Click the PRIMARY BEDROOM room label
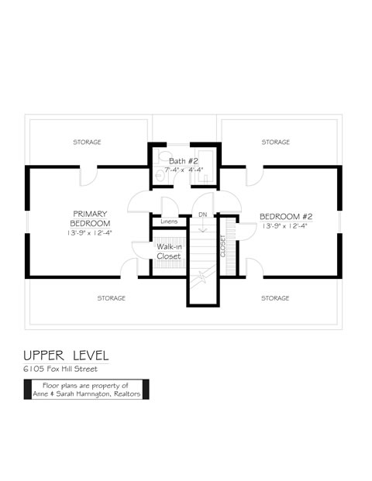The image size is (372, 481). point(90,218)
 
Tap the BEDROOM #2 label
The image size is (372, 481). point(286,217)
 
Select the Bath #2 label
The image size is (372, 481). point(184,161)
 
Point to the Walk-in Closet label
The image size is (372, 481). point(169,251)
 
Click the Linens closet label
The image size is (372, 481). point(169,222)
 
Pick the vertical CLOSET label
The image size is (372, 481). point(223,246)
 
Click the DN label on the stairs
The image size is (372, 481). point(202,215)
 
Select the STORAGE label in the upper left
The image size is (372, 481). point(87,142)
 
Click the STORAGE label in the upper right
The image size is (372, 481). point(276,142)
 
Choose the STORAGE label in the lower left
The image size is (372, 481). point(112,298)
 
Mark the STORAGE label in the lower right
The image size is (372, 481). point(275,298)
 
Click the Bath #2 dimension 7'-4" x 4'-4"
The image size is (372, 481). point(184,170)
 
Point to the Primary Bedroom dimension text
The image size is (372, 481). point(90,233)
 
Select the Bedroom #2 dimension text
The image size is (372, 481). point(285,226)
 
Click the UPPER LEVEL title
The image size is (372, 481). point(66,356)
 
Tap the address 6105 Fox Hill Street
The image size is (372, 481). point(60,369)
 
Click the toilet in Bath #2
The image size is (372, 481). point(163,156)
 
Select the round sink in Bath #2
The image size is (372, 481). point(159,176)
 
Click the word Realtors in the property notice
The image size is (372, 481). point(127,394)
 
